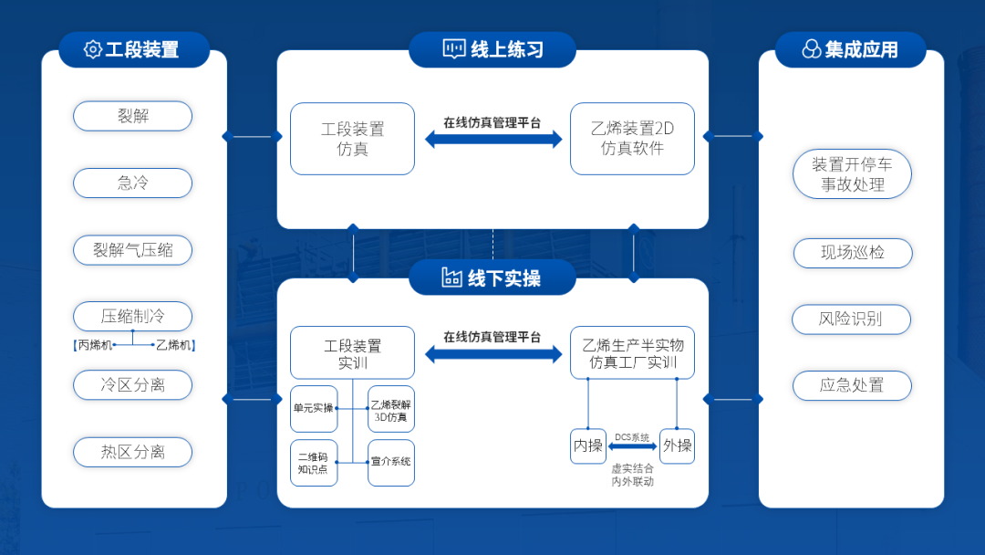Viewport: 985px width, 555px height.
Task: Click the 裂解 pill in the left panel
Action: pyautogui.click(x=132, y=116)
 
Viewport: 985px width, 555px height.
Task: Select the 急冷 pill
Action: pyautogui.click(x=132, y=183)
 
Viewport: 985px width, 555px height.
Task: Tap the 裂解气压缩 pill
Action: pyautogui.click(x=132, y=250)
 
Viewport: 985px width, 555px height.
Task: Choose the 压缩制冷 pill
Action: pyautogui.click(x=132, y=316)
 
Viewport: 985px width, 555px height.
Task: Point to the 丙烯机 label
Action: pyautogui.click(x=93, y=345)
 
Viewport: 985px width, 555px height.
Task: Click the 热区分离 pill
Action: pyautogui.click(x=132, y=452)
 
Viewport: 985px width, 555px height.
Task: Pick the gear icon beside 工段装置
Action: pyautogui.click(x=92, y=49)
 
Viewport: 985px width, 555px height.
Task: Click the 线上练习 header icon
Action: pyautogui.click(x=453, y=49)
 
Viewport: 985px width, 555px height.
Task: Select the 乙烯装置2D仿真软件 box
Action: pyautogui.click(x=632, y=139)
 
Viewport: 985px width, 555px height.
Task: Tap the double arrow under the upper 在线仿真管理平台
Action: pyautogui.click(x=493, y=139)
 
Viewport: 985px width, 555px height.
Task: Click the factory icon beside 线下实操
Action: pyautogui.click(x=451, y=277)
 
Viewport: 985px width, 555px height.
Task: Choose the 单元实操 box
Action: pyautogui.click(x=314, y=409)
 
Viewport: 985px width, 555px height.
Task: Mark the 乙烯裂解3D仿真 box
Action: pyautogui.click(x=390, y=409)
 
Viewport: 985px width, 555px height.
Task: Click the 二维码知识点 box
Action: pyautogui.click(x=314, y=463)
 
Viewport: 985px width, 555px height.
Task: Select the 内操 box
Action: pyautogui.click(x=588, y=445)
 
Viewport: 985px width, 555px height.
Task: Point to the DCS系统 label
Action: pyautogui.click(x=632, y=437)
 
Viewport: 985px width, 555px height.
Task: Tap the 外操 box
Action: pyautogui.click(x=677, y=445)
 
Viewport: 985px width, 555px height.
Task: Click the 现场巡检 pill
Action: pyautogui.click(x=853, y=253)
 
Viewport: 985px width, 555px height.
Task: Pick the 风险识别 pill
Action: pyautogui.click(x=851, y=319)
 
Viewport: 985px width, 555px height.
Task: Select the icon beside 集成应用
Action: pyautogui.click(x=812, y=49)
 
